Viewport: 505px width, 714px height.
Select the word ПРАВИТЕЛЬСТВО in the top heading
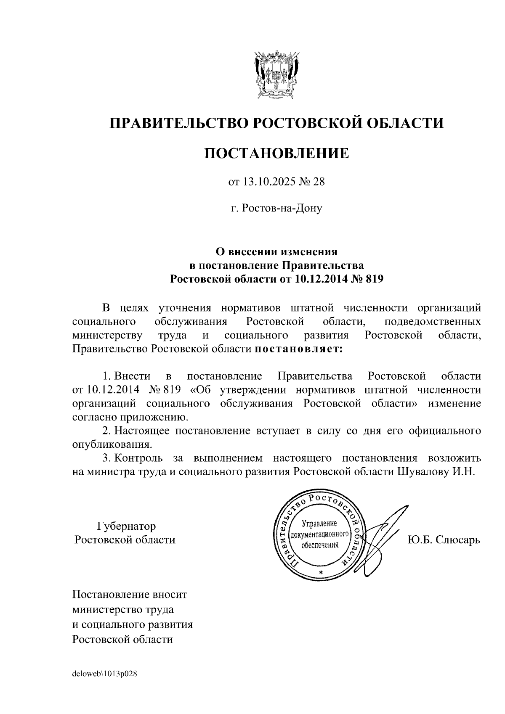click(x=178, y=123)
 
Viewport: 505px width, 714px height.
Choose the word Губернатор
click(x=126, y=526)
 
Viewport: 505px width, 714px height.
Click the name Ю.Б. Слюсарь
click(x=444, y=539)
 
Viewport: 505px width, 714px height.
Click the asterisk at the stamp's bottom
click(x=321, y=574)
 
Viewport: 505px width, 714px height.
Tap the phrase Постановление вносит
click(x=130, y=595)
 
